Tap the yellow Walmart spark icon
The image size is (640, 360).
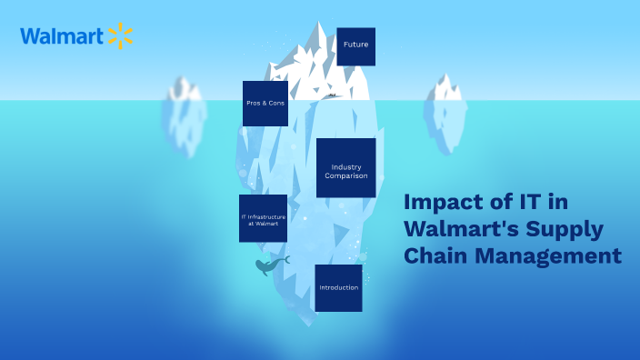tap(120, 36)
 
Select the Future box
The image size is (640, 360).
tap(355, 45)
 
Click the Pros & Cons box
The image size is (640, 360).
tap(265, 104)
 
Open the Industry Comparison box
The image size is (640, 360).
tap(346, 168)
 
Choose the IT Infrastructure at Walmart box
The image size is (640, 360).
tap(263, 218)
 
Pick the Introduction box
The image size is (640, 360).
tap(338, 288)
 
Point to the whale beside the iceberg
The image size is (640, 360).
tap(270, 265)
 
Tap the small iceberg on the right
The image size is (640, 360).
tap(445, 109)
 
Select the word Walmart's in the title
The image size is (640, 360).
tap(463, 229)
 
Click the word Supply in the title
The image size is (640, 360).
tap(571, 229)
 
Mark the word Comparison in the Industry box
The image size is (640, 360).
tap(346, 175)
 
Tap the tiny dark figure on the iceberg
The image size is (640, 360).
tap(332, 95)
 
